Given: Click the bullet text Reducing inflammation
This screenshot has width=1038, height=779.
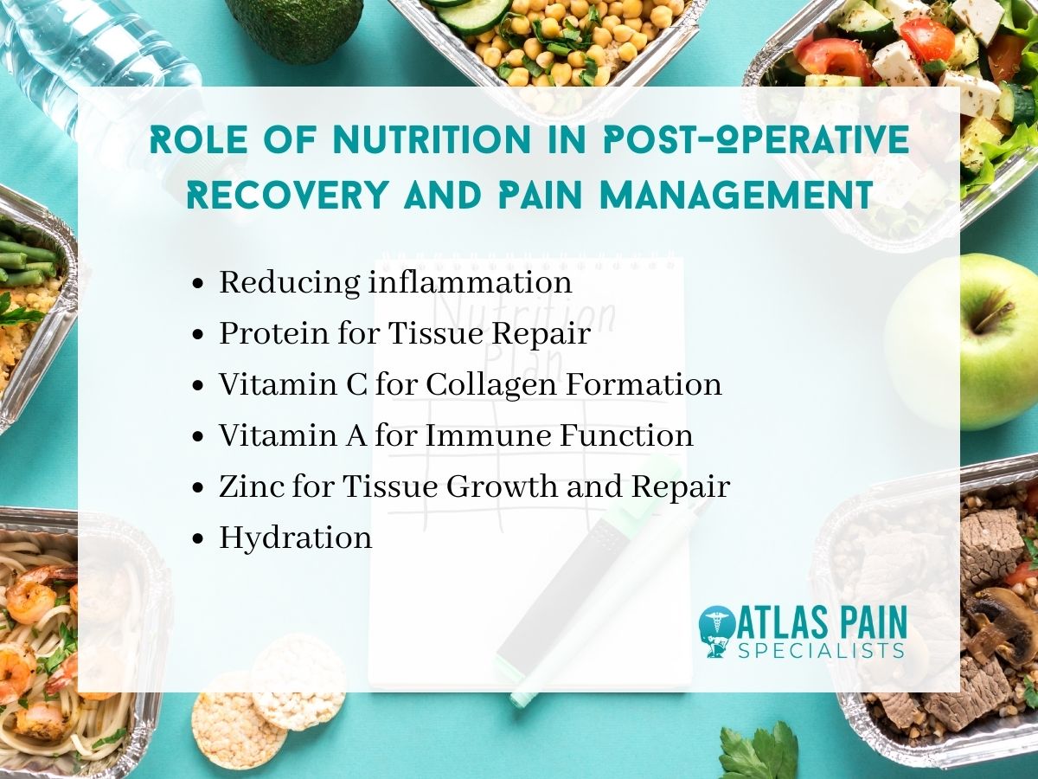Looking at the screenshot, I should click(394, 283).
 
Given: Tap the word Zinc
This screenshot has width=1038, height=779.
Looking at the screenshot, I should click(247, 486).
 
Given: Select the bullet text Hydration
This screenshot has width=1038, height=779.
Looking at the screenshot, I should click(295, 538).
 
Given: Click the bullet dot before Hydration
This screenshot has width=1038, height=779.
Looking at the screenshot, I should click(200, 538).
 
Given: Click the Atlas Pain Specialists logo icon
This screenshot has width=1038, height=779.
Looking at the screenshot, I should click(715, 632).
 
